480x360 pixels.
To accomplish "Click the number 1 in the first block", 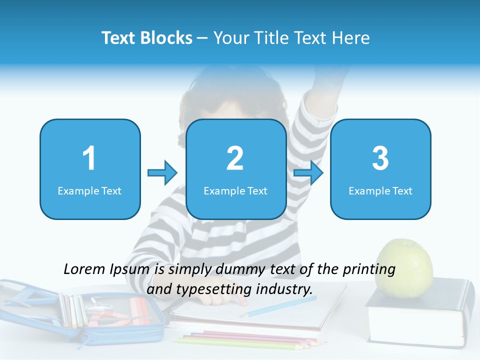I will (x=89, y=158).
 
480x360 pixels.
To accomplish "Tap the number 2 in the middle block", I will (x=235, y=158).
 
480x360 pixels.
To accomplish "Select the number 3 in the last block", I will (x=380, y=158).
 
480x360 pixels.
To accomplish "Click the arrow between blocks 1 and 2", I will (x=162, y=173).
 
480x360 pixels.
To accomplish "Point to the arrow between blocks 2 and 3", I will (x=308, y=173).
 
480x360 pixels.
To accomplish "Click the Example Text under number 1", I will (x=89, y=190).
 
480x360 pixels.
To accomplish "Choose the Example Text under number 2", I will (x=235, y=190).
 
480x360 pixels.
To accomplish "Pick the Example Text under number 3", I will (x=380, y=190).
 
